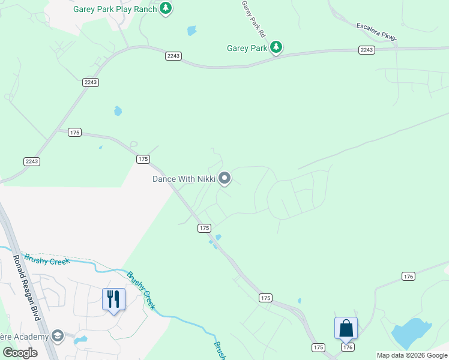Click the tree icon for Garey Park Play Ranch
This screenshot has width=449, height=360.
click(x=166, y=8)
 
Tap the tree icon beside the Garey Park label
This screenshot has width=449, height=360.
click(x=276, y=47)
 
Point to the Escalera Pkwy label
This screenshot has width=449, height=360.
click(x=376, y=32)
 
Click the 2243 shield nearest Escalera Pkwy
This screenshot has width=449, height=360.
click(x=367, y=50)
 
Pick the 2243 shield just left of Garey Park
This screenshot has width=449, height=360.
click(x=173, y=56)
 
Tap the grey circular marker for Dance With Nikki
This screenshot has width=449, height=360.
click(x=225, y=178)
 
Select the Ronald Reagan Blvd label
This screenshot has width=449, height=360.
click(x=26, y=287)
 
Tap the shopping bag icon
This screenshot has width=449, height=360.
click(x=346, y=328)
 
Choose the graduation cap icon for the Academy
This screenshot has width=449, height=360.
click(x=58, y=336)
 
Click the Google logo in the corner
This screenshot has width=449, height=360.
click(x=20, y=353)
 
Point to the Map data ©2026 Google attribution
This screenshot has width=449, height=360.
click(x=412, y=356)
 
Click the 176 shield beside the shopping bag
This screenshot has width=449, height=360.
click(x=347, y=347)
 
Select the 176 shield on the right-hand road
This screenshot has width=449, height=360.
click(x=408, y=276)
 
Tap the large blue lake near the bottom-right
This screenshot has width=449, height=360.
click(x=411, y=332)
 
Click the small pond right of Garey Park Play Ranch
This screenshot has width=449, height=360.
click(x=191, y=31)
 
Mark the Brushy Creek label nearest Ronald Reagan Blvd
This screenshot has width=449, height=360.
click(x=47, y=260)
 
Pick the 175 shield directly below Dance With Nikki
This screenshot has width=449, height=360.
click(x=205, y=228)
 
